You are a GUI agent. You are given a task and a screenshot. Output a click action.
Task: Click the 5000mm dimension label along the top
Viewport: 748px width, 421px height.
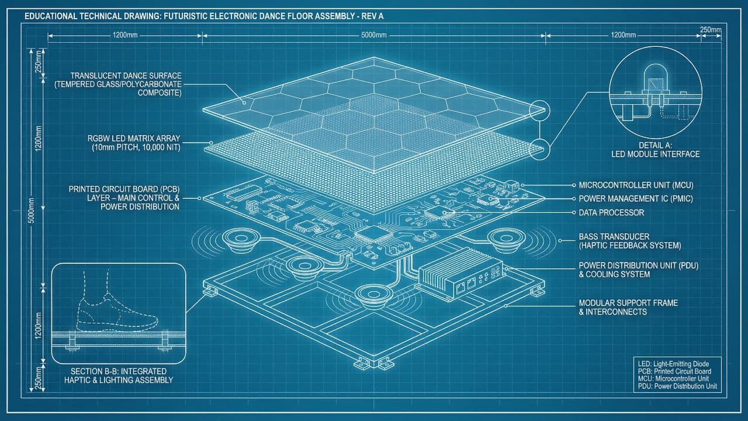[373, 35]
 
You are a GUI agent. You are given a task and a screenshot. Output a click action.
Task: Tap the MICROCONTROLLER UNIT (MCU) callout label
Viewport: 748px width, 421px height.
[636, 185]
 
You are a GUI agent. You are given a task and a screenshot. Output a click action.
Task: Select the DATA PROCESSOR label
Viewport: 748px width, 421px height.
[611, 212]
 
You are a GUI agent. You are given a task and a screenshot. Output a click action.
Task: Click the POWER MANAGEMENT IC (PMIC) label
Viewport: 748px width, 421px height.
[636, 199]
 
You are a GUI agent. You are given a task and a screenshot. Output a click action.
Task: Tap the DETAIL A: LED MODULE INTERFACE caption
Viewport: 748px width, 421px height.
[655, 150]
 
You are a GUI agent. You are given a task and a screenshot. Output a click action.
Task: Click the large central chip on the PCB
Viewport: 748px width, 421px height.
[373, 234]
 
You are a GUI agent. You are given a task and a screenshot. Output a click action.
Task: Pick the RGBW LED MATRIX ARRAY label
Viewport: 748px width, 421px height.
[134, 143]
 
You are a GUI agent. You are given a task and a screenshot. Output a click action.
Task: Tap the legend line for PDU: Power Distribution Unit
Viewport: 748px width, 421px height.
[677, 387]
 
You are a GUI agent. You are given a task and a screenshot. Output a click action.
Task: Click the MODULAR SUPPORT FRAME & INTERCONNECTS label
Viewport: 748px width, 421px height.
[628, 308]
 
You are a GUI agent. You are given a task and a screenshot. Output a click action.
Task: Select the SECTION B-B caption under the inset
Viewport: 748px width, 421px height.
[119, 376]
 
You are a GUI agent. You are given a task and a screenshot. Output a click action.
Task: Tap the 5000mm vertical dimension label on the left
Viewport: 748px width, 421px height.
[31, 210]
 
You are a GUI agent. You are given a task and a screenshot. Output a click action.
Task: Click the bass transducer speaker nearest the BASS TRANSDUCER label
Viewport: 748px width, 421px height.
[506, 240]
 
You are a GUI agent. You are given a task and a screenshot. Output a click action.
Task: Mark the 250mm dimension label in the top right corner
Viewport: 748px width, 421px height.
[711, 30]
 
